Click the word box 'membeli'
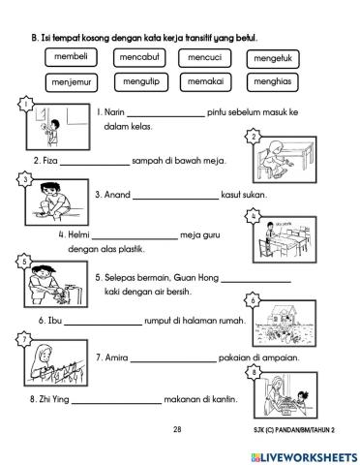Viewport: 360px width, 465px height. coord(71,57)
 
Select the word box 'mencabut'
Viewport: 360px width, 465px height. coord(139,58)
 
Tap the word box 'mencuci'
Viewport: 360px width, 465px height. coord(205,58)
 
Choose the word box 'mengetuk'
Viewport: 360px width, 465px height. coord(273,59)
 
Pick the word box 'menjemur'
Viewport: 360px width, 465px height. coord(72,82)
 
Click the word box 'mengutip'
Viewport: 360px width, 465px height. coord(141,82)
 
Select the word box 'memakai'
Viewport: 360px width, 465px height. coord(206,82)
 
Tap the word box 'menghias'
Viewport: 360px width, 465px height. coord(273,82)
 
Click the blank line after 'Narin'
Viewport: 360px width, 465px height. coord(166,116)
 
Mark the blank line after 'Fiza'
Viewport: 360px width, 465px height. coord(95,165)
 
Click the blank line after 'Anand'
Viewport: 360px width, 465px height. coord(176,199)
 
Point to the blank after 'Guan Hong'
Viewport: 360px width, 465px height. coord(256,282)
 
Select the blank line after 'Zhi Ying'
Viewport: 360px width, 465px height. coord(116,403)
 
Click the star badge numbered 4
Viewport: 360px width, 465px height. coord(254,216)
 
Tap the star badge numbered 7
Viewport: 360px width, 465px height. coord(24,340)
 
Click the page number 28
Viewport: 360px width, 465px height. coord(177,429)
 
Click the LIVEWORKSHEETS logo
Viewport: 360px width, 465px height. coord(304,457)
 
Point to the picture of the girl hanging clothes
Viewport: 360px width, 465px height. coord(56,363)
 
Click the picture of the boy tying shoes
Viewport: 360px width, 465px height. coord(57,202)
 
